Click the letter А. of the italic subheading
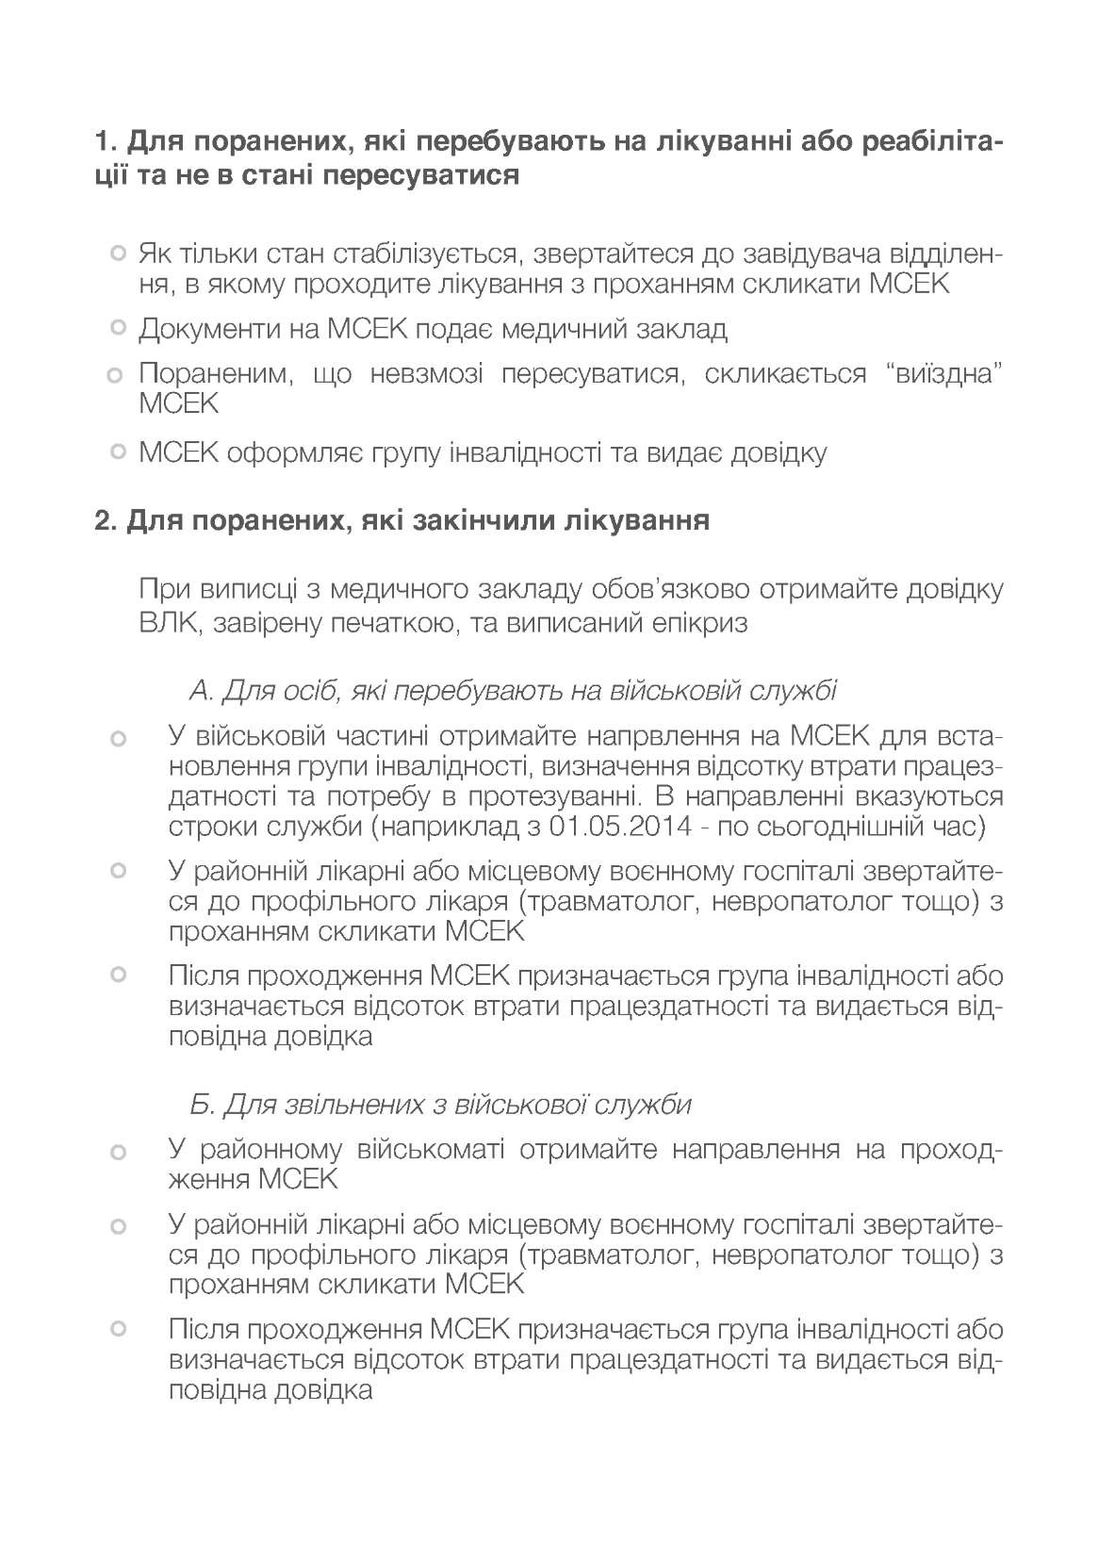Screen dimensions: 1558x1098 (201, 692)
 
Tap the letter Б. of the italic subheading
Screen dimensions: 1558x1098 (200, 1104)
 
